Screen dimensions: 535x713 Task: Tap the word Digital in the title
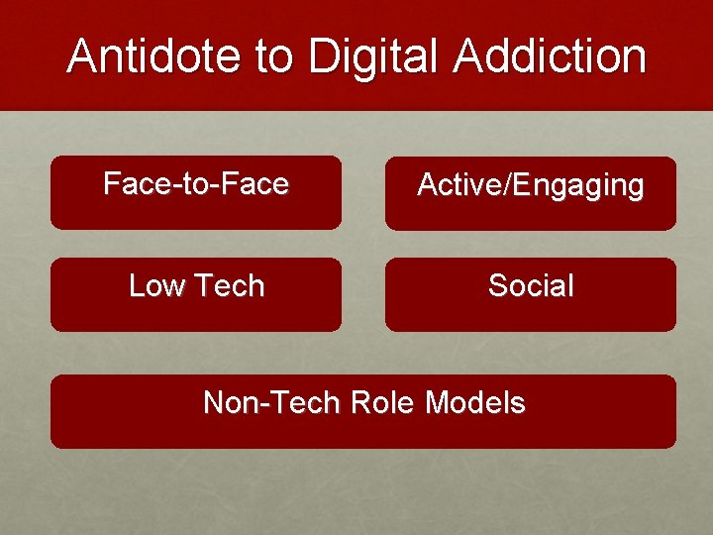pyautogui.click(x=375, y=56)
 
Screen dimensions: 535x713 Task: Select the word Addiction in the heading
pyautogui.click(x=551, y=56)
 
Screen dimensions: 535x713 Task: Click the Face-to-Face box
pyautogui.click(x=196, y=192)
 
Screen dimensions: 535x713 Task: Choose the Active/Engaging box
pyautogui.click(x=531, y=193)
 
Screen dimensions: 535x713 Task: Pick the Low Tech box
pyautogui.click(x=196, y=294)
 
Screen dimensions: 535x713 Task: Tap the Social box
pyautogui.click(x=531, y=294)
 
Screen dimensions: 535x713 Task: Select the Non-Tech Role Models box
pyautogui.click(x=363, y=411)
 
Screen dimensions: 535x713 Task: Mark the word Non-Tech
pyautogui.click(x=270, y=403)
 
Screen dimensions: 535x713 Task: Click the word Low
pyautogui.click(x=157, y=286)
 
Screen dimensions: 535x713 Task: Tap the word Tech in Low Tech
pyautogui.click(x=229, y=286)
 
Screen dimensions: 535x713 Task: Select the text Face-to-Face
pyautogui.click(x=196, y=184)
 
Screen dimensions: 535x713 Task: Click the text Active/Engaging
pyautogui.click(x=531, y=185)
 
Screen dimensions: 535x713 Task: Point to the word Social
pyautogui.click(x=531, y=286)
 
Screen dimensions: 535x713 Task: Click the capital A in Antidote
pyautogui.click(x=82, y=56)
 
